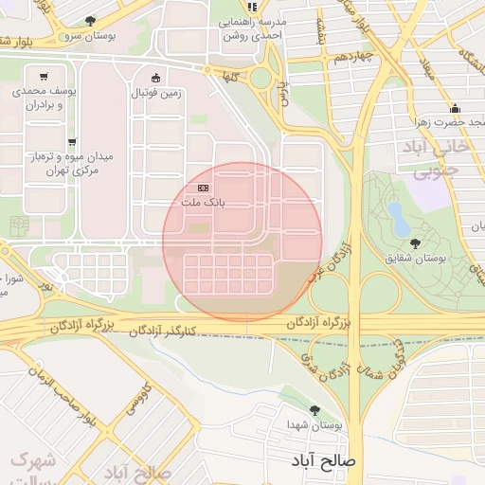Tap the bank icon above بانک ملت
[204, 188]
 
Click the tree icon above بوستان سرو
[90, 20]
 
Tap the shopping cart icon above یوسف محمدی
[45, 77]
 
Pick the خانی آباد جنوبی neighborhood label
[438, 160]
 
